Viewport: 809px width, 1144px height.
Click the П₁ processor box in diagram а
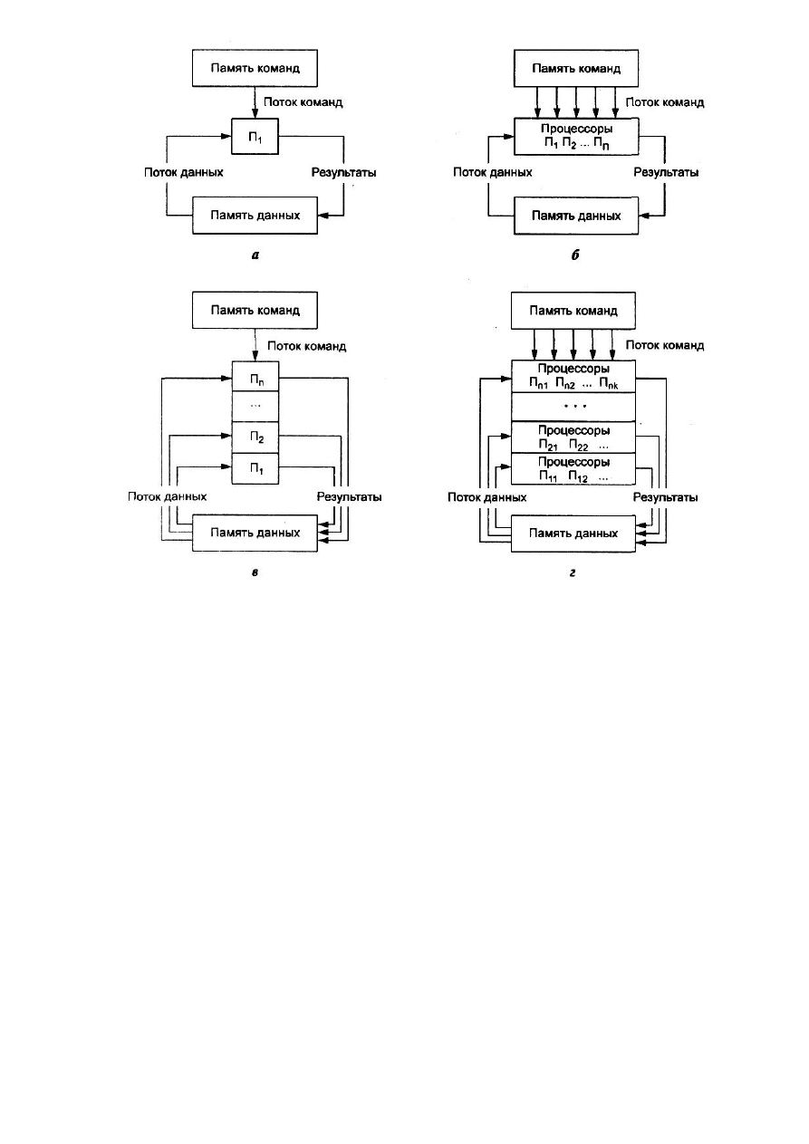[255, 137]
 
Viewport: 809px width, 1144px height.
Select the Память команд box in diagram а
[255, 68]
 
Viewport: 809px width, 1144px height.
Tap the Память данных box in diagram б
[576, 216]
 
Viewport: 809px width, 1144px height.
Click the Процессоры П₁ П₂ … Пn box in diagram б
[576, 137]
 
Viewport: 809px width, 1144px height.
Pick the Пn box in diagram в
[255, 377]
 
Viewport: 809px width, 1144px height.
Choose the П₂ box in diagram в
[255, 437]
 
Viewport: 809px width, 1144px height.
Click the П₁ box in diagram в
[255, 468]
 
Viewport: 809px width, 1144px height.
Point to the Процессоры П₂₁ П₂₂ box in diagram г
[573, 437]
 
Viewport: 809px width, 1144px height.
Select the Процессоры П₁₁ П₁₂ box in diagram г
[573, 469]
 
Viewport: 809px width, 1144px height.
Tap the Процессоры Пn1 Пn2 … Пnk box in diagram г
[573, 377]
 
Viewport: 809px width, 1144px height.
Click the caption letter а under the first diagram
[255, 255]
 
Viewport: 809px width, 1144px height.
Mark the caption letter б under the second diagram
[575, 255]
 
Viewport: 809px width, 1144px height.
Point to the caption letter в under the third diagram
[255, 573]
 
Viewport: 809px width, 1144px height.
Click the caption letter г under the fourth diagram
[573, 573]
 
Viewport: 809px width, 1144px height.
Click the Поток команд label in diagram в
[306, 346]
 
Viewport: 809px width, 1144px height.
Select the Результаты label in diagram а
[343, 172]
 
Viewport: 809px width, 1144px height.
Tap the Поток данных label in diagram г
[486, 497]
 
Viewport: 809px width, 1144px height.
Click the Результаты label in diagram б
[666, 172]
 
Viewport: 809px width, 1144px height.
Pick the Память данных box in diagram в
[255, 533]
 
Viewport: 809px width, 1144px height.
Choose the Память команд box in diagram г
[573, 311]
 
